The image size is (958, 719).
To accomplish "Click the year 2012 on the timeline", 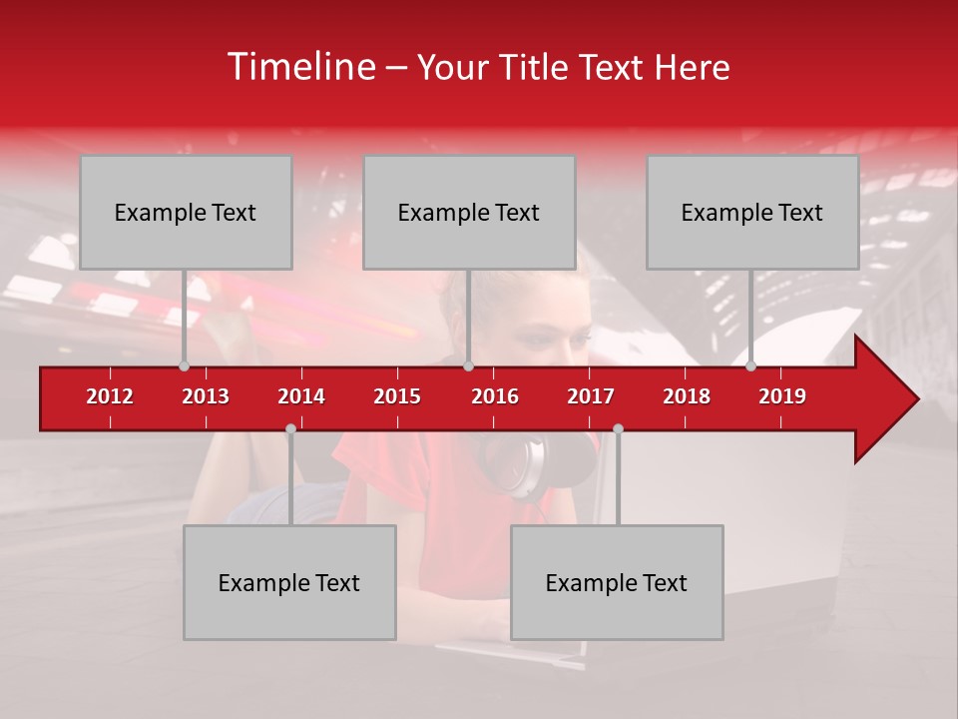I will tap(110, 396).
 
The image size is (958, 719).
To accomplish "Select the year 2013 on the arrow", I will tap(206, 396).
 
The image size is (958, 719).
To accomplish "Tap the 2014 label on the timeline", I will tap(301, 396).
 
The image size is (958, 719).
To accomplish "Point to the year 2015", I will tap(397, 396).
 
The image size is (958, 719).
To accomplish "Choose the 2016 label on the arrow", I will tap(495, 396).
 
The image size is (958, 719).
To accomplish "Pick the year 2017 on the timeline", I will tap(591, 396).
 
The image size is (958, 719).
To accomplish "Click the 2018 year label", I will tap(687, 396).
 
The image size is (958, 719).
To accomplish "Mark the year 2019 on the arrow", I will tap(782, 396).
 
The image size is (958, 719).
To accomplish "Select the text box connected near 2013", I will tap(186, 212).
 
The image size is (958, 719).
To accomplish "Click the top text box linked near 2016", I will tap(469, 212).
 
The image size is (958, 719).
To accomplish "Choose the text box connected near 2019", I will tap(752, 212).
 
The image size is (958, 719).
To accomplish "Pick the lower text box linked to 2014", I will tap(289, 582).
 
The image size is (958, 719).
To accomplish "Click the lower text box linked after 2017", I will tap(617, 582).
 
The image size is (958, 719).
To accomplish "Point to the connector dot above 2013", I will tap(184, 366).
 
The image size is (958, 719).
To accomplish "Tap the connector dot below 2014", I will tap(290, 429).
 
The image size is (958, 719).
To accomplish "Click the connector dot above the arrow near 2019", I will tap(751, 366).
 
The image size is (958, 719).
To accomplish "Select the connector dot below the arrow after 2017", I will tap(618, 429).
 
